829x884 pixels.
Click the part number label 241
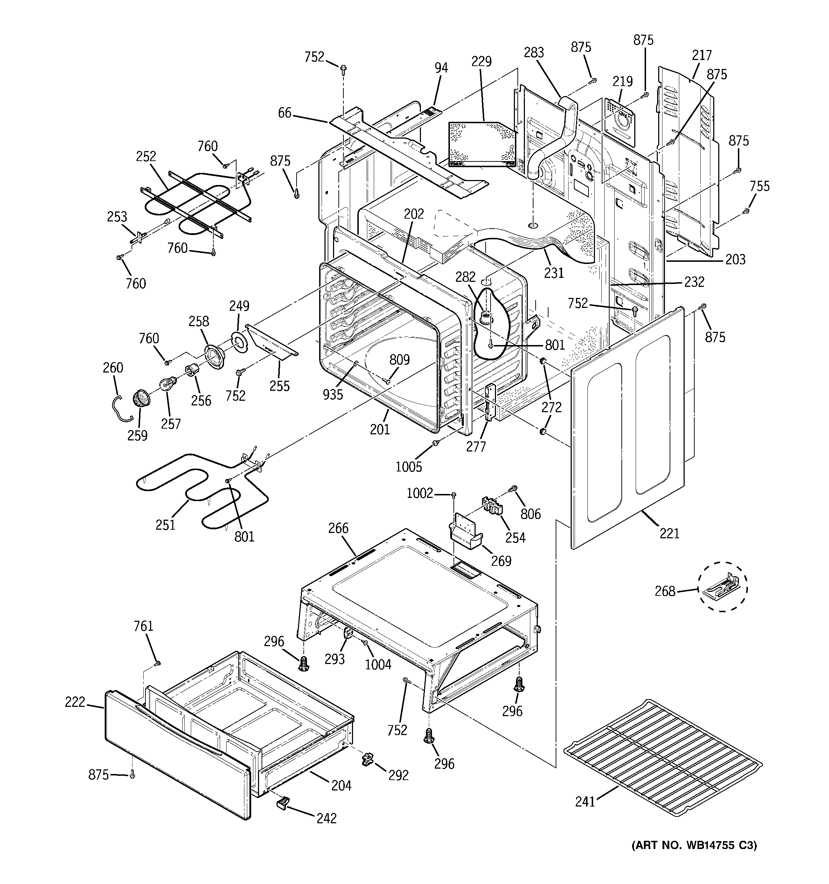(x=585, y=801)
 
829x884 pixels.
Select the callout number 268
(x=665, y=591)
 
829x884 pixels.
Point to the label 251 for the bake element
(x=165, y=525)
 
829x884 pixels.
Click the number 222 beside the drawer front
(x=75, y=702)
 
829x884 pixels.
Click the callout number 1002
(x=420, y=493)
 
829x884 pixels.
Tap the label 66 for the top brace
(x=285, y=113)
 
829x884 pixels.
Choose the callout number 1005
(x=408, y=466)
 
